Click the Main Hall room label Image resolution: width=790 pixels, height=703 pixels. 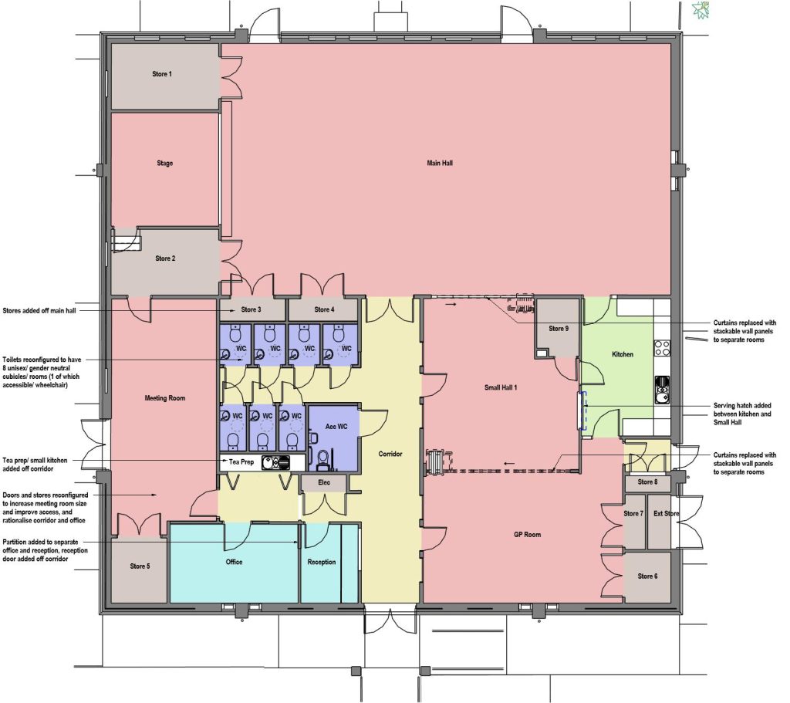pyautogui.click(x=440, y=164)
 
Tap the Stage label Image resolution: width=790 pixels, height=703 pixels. pyautogui.click(x=165, y=164)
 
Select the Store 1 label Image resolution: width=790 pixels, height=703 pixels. pyautogui.click(x=162, y=74)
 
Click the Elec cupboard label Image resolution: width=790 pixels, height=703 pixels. pyautogui.click(x=324, y=483)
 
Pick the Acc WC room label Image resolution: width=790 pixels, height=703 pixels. pyautogui.click(x=336, y=427)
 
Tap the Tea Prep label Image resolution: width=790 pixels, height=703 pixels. pyautogui.click(x=241, y=461)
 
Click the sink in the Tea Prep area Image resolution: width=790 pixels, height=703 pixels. pyautogui.click(x=275, y=462)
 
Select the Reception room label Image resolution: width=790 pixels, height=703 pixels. pyautogui.click(x=322, y=562)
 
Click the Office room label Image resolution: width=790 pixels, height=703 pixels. pyautogui.click(x=234, y=562)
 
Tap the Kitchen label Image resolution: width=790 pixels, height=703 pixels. pyautogui.click(x=623, y=354)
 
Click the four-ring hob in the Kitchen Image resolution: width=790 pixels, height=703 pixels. pyautogui.click(x=662, y=347)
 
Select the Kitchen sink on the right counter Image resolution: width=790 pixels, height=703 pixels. pyautogui.click(x=663, y=390)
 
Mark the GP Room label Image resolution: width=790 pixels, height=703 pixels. pyautogui.click(x=527, y=535)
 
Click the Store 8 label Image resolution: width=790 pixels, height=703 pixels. pyautogui.click(x=647, y=482)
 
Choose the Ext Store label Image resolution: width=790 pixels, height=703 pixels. pyautogui.click(x=666, y=513)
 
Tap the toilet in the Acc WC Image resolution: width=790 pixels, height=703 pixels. pyautogui.click(x=323, y=457)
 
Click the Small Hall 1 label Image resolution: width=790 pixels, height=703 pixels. pyautogui.click(x=500, y=387)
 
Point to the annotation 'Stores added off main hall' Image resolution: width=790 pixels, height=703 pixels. pyautogui.click(x=39, y=311)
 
